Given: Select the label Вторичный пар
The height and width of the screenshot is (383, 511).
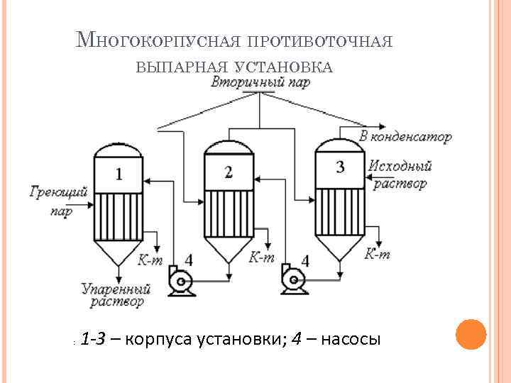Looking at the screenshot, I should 260,83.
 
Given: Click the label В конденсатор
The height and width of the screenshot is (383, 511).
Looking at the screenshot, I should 405,136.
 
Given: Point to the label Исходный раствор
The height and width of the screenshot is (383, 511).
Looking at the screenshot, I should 400,174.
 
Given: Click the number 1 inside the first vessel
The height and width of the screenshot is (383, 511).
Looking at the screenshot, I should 119,174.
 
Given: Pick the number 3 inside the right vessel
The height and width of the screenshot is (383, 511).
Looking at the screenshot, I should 340,167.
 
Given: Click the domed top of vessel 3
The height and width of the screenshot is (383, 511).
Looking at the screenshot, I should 339,146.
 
